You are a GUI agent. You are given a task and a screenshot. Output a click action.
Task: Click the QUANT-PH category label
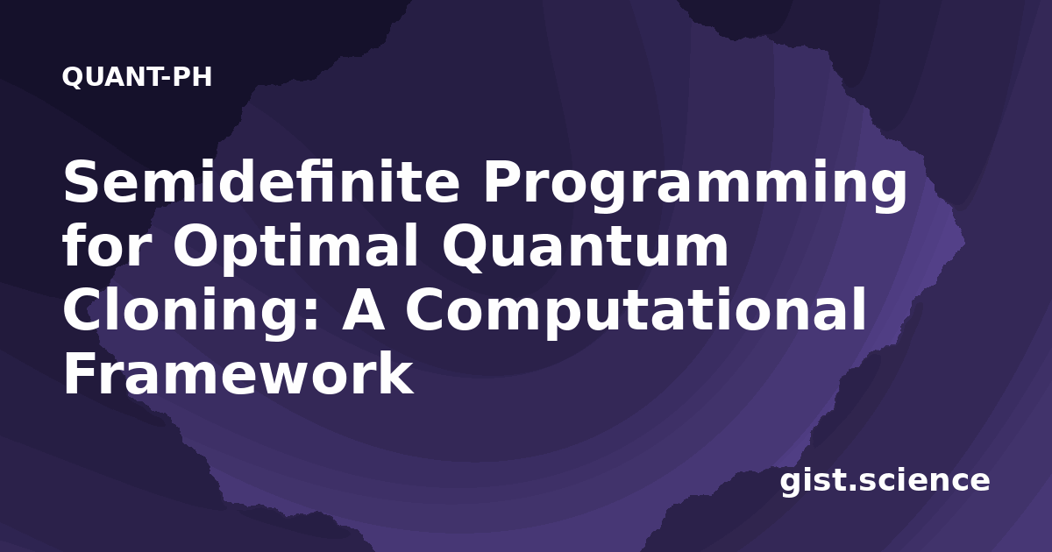click(137, 77)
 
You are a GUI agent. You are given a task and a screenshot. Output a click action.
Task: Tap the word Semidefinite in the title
click(261, 180)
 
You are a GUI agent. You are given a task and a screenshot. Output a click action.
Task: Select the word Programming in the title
click(695, 186)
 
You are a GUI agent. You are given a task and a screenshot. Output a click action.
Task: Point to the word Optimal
click(295, 249)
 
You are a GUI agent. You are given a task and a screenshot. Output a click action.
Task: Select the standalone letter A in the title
click(363, 309)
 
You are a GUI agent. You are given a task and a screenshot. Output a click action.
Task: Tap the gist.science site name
click(885, 482)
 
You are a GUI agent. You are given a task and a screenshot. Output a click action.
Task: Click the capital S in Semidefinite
click(83, 180)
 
